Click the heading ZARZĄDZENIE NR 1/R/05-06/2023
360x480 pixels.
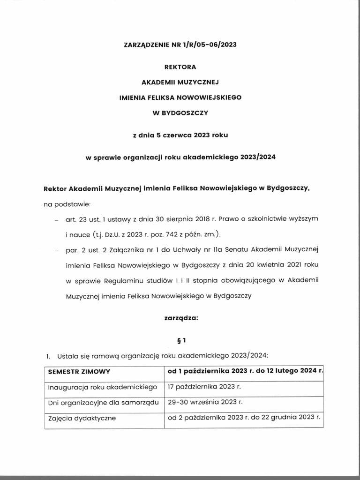pos(180,45)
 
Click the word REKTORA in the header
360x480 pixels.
pos(180,67)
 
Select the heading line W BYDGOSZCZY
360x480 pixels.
pos(180,113)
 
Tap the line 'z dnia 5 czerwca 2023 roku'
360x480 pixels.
pos(180,135)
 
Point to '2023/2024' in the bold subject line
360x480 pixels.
pos(256,157)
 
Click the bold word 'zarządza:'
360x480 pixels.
pos(180,317)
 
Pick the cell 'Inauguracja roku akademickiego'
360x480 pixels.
pos(102,388)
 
